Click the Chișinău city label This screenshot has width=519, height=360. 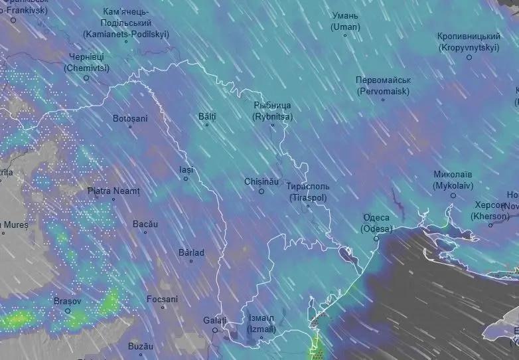(x=260, y=181)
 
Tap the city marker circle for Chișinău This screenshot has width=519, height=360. (x=261, y=191)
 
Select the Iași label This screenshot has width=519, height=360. (x=186, y=169)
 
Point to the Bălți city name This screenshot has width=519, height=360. (x=207, y=116)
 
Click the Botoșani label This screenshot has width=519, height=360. (x=130, y=118)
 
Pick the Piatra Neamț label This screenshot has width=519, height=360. (x=114, y=191)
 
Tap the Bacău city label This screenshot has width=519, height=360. (x=145, y=225)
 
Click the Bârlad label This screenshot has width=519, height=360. (x=191, y=252)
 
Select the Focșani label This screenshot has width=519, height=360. (x=162, y=299)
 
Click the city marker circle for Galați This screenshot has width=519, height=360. (x=215, y=330)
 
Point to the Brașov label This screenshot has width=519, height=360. (x=67, y=301)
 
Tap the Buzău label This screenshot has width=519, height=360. (x=140, y=346)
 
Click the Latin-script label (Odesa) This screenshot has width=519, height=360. (x=376, y=228)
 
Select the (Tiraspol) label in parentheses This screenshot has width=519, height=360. (x=309, y=198)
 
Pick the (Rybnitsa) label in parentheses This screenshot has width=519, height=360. (x=272, y=116)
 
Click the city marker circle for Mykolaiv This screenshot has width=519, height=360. (x=453, y=195)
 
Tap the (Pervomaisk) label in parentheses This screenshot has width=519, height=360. (x=383, y=91)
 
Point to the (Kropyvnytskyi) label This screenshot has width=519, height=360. (x=469, y=48)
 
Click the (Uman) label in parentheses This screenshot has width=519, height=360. (x=345, y=27)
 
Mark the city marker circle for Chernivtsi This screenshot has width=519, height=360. (x=86, y=78)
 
